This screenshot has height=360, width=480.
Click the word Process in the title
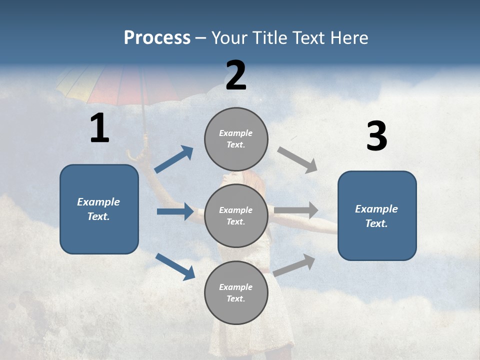(x=157, y=38)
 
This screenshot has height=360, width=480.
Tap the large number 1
(x=99, y=128)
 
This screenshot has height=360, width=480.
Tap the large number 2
(x=236, y=76)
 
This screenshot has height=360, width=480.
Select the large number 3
(x=376, y=136)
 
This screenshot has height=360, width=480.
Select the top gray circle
(x=236, y=139)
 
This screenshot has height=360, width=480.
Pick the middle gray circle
(x=236, y=215)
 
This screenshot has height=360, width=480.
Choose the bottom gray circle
(x=236, y=292)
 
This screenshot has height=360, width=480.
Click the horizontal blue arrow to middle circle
(x=175, y=211)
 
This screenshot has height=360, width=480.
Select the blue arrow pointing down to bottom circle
(x=175, y=266)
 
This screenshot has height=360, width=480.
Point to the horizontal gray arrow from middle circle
(x=296, y=210)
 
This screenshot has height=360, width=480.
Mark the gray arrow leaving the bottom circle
(x=294, y=265)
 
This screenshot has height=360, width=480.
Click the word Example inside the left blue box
(x=98, y=202)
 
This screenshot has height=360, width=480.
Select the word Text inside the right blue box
(x=376, y=223)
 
